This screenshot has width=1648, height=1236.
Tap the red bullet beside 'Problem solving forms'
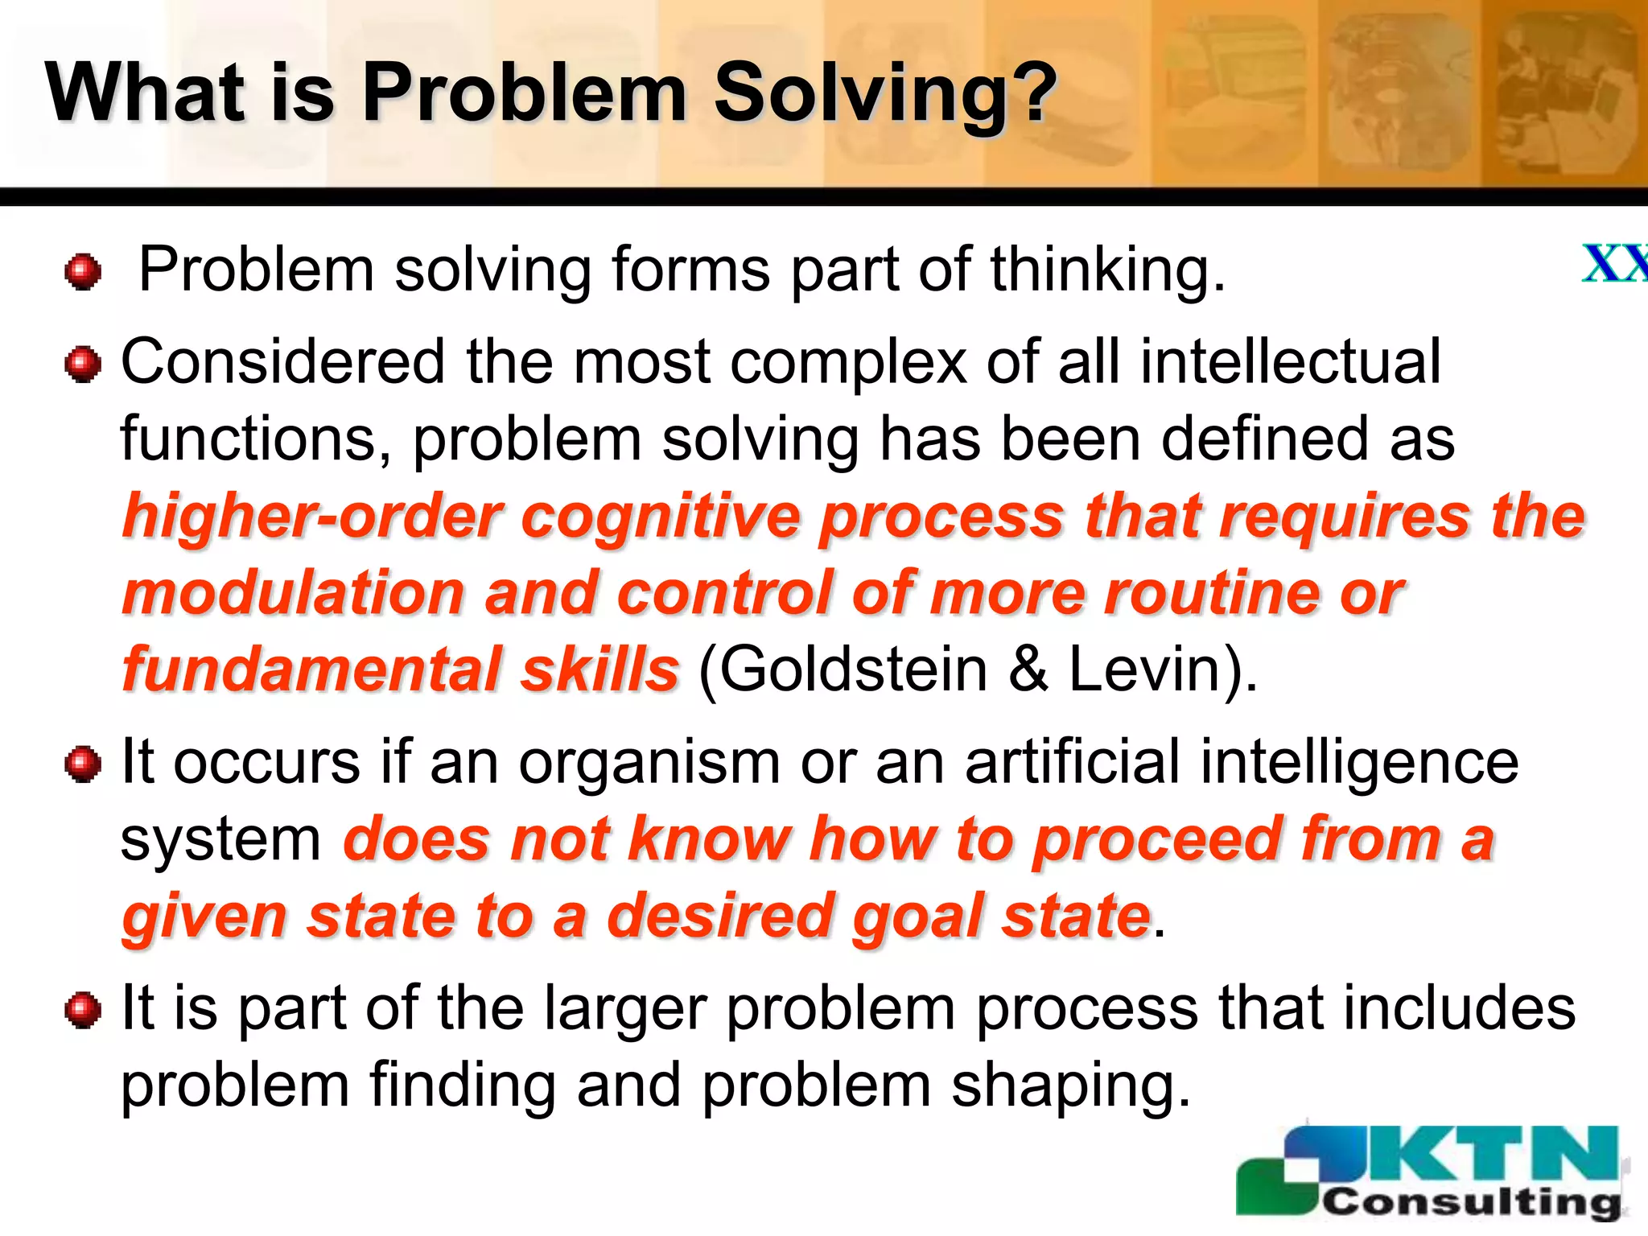click(83, 272)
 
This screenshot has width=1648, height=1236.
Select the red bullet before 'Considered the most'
click(83, 365)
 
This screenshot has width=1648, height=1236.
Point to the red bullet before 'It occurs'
click(83, 764)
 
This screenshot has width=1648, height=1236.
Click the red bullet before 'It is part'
click(83, 1010)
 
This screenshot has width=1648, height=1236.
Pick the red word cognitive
click(660, 517)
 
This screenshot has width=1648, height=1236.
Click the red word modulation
click(294, 593)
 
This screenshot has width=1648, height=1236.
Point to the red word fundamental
click(310, 669)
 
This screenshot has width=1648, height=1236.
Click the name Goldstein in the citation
click(842, 669)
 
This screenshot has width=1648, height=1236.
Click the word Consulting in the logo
click(1472, 1201)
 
